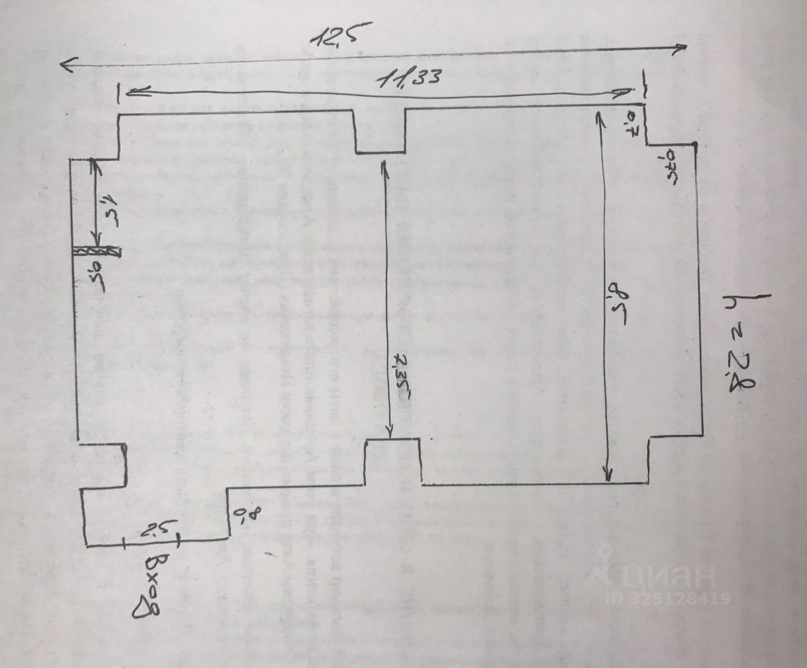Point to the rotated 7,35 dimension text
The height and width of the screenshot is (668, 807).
403,375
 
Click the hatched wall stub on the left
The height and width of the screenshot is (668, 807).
96,251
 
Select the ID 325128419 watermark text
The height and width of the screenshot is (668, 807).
667,599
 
